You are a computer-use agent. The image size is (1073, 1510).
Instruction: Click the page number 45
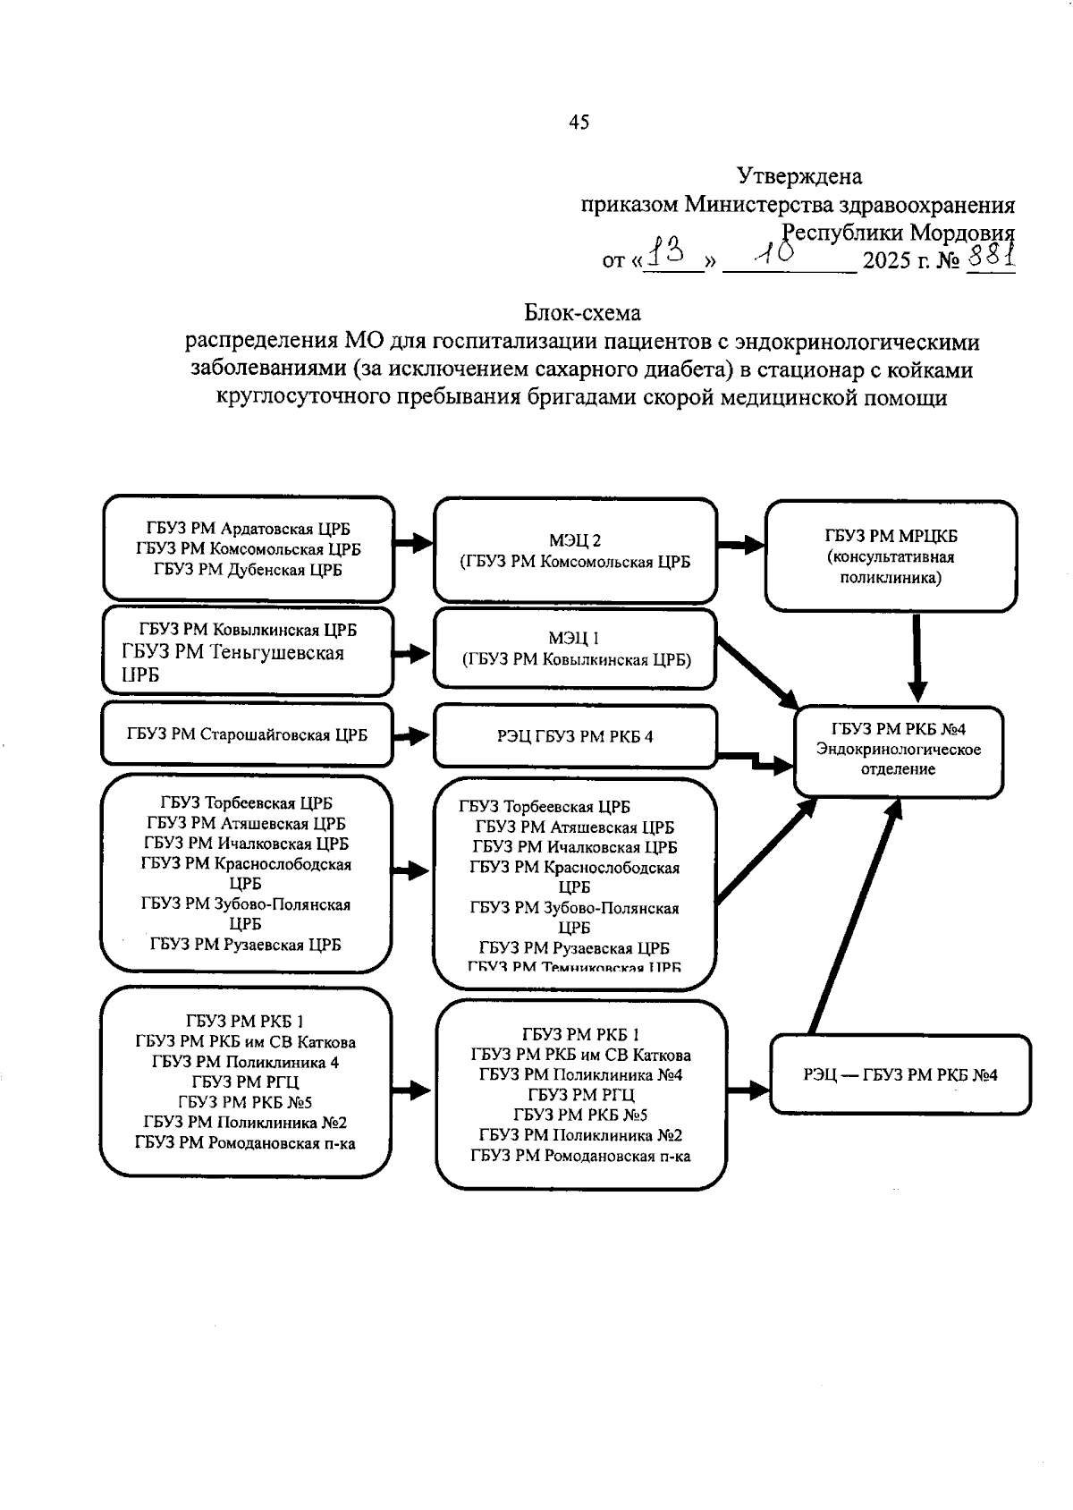pyautogui.click(x=579, y=123)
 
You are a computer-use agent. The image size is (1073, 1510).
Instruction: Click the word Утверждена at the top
pyautogui.click(x=798, y=176)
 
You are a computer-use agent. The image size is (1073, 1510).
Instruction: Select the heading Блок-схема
pyautogui.click(x=582, y=313)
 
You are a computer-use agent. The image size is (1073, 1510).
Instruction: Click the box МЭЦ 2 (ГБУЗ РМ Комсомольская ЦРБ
pyautogui.click(x=575, y=551)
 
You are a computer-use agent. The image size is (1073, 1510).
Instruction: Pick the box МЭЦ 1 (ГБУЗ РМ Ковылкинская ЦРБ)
pyautogui.click(x=575, y=649)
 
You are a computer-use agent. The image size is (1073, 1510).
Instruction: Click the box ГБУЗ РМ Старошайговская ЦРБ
pyautogui.click(x=247, y=735)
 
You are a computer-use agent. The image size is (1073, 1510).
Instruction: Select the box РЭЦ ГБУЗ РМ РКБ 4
pyautogui.click(x=575, y=736)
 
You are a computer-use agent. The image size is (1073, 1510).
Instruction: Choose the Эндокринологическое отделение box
pyautogui.click(x=898, y=750)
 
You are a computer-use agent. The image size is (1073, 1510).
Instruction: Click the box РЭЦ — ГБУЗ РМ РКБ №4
pyautogui.click(x=900, y=1074)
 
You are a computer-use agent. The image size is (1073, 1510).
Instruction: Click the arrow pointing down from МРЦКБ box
pyautogui.click(x=917, y=658)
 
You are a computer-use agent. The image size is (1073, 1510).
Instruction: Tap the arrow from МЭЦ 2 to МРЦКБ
pyautogui.click(x=740, y=546)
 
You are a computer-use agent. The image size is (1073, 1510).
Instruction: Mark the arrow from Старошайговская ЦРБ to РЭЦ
pyautogui.click(x=412, y=736)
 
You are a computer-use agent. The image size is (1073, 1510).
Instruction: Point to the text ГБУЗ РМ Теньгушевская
pyautogui.click(x=232, y=652)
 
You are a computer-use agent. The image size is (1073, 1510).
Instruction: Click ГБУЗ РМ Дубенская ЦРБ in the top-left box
pyautogui.click(x=248, y=569)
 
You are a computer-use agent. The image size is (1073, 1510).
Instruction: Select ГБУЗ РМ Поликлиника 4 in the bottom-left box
pyautogui.click(x=245, y=1062)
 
